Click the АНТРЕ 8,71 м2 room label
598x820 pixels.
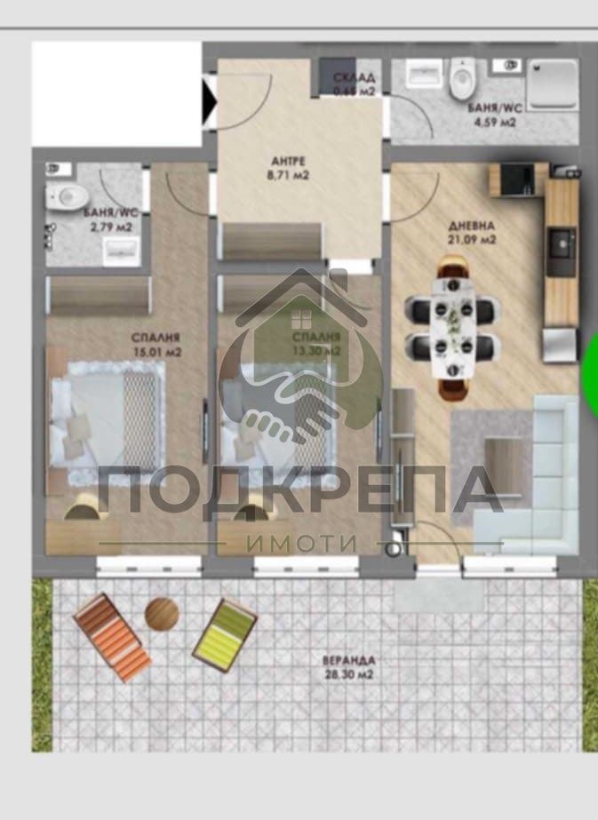(x=289, y=168)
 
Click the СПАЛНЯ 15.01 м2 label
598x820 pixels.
(x=155, y=344)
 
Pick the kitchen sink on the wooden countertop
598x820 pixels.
(x=561, y=242)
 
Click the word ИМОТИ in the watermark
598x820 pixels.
(x=302, y=543)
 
